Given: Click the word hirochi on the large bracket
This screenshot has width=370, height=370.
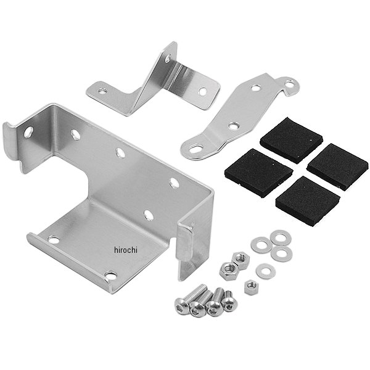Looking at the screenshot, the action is pos(126,250).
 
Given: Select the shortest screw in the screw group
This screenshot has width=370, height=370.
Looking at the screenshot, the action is pos(229,301).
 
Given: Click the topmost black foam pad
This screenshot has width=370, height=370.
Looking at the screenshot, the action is pos(291,140).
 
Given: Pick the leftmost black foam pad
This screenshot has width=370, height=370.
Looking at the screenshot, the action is pos(259,173).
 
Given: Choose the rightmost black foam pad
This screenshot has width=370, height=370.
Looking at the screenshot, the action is pos(338,166).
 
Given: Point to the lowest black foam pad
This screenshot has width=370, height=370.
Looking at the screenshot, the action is pos(308,201).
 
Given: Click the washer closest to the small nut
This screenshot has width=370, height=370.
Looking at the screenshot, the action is pos(266,271).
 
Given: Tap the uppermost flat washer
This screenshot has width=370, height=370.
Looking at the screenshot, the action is pos(281,237).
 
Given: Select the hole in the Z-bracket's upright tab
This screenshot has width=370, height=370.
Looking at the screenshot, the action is pos(168,59).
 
